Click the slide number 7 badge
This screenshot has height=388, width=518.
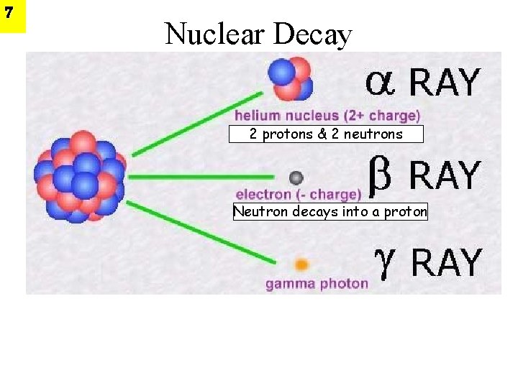[x=12, y=16]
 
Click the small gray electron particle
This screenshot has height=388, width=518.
[x=296, y=177]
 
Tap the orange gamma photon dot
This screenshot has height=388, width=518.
[x=302, y=264]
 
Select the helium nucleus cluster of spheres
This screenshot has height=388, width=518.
[x=290, y=78]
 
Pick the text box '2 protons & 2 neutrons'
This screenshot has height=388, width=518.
[x=326, y=134]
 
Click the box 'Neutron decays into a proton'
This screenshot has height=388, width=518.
[x=330, y=212]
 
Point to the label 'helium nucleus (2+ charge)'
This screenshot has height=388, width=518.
[x=327, y=115]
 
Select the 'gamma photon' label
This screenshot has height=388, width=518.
[x=317, y=284]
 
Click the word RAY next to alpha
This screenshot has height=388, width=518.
[x=443, y=83]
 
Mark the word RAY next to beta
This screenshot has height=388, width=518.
[x=444, y=175]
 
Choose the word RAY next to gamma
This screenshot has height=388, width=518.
[x=445, y=263]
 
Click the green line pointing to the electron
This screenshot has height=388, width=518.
[x=201, y=177]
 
